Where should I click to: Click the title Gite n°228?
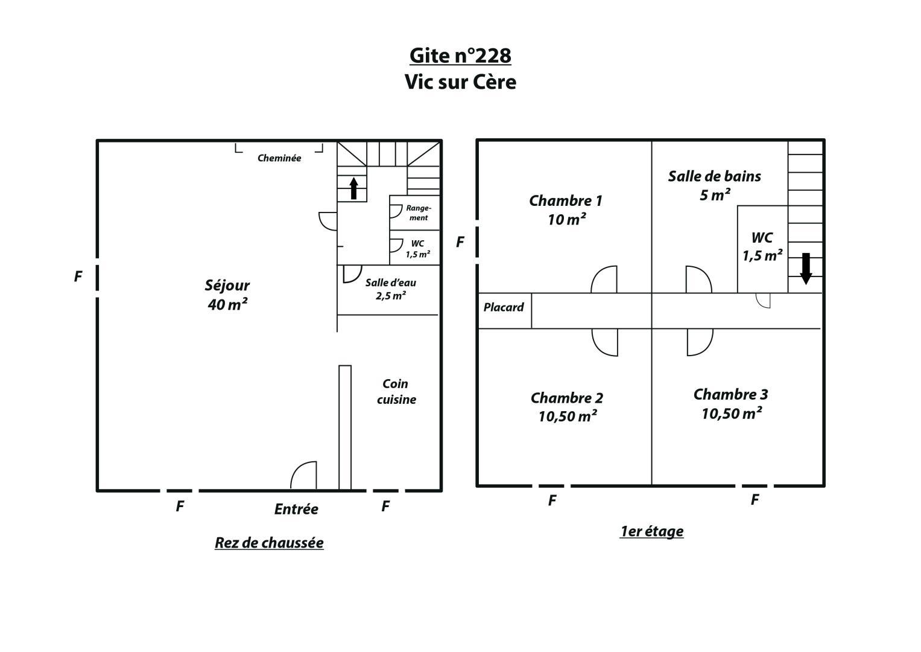click(x=460, y=56)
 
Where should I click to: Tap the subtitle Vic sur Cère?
click(x=460, y=81)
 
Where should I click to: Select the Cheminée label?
click(x=279, y=158)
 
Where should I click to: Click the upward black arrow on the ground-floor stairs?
click(x=353, y=188)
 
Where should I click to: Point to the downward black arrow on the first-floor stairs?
click(x=806, y=269)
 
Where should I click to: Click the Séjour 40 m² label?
click(x=227, y=295)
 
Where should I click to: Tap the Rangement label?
click(x=419, y=213)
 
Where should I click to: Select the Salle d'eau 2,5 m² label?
click(x=391, y=289)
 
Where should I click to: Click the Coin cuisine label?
click(x=396, y=391)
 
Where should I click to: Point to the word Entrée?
click(x=296, y=509)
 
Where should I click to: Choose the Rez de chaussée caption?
click(x=270, y=543)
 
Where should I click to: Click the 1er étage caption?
click(x=651, y=531)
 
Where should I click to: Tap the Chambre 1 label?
click(x=566, y=210)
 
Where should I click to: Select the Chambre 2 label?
click(x=567, y=407)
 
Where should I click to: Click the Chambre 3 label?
click(x=731, y=404)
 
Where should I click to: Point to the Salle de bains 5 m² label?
click(x=715, y=186)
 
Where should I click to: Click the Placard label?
click(x=504, y=307)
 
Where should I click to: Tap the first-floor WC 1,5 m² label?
click(x=762, y=246)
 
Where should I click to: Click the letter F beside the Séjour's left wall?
click(x=78, y=276)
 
